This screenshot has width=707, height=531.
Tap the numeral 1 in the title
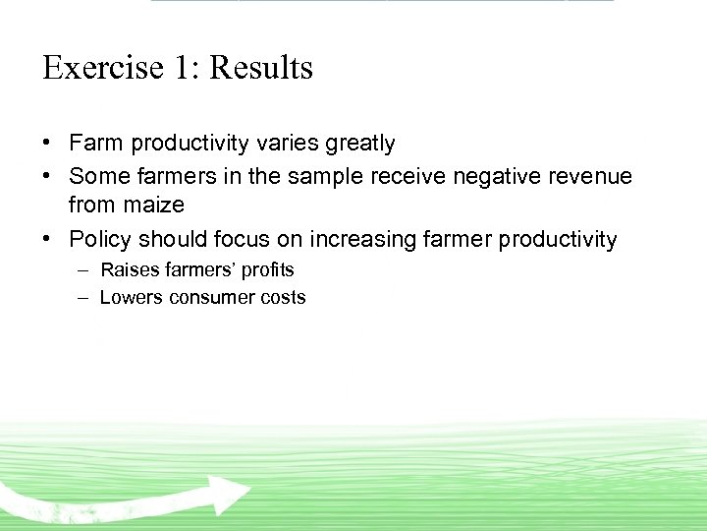pos(182,68)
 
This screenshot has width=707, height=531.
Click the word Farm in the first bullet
pos(94,144)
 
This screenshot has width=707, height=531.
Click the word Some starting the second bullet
pos(99,177)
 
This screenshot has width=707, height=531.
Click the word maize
pos(154,205)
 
